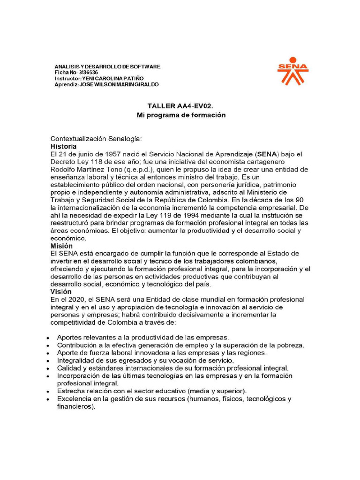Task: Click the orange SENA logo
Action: coord(292,71)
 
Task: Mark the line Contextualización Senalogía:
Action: coord(96,139)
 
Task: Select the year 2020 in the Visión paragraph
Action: coord(75,299)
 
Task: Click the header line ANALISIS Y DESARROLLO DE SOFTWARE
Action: coord(108,67)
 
